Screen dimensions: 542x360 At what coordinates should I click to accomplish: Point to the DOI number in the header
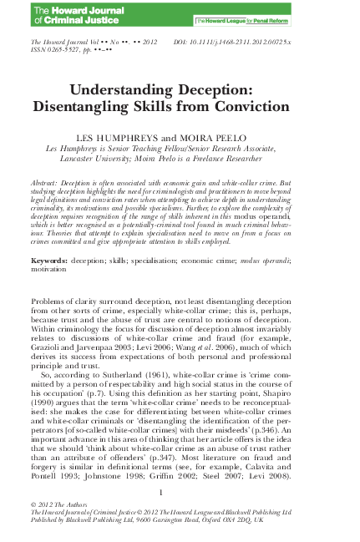coord(268,41)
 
